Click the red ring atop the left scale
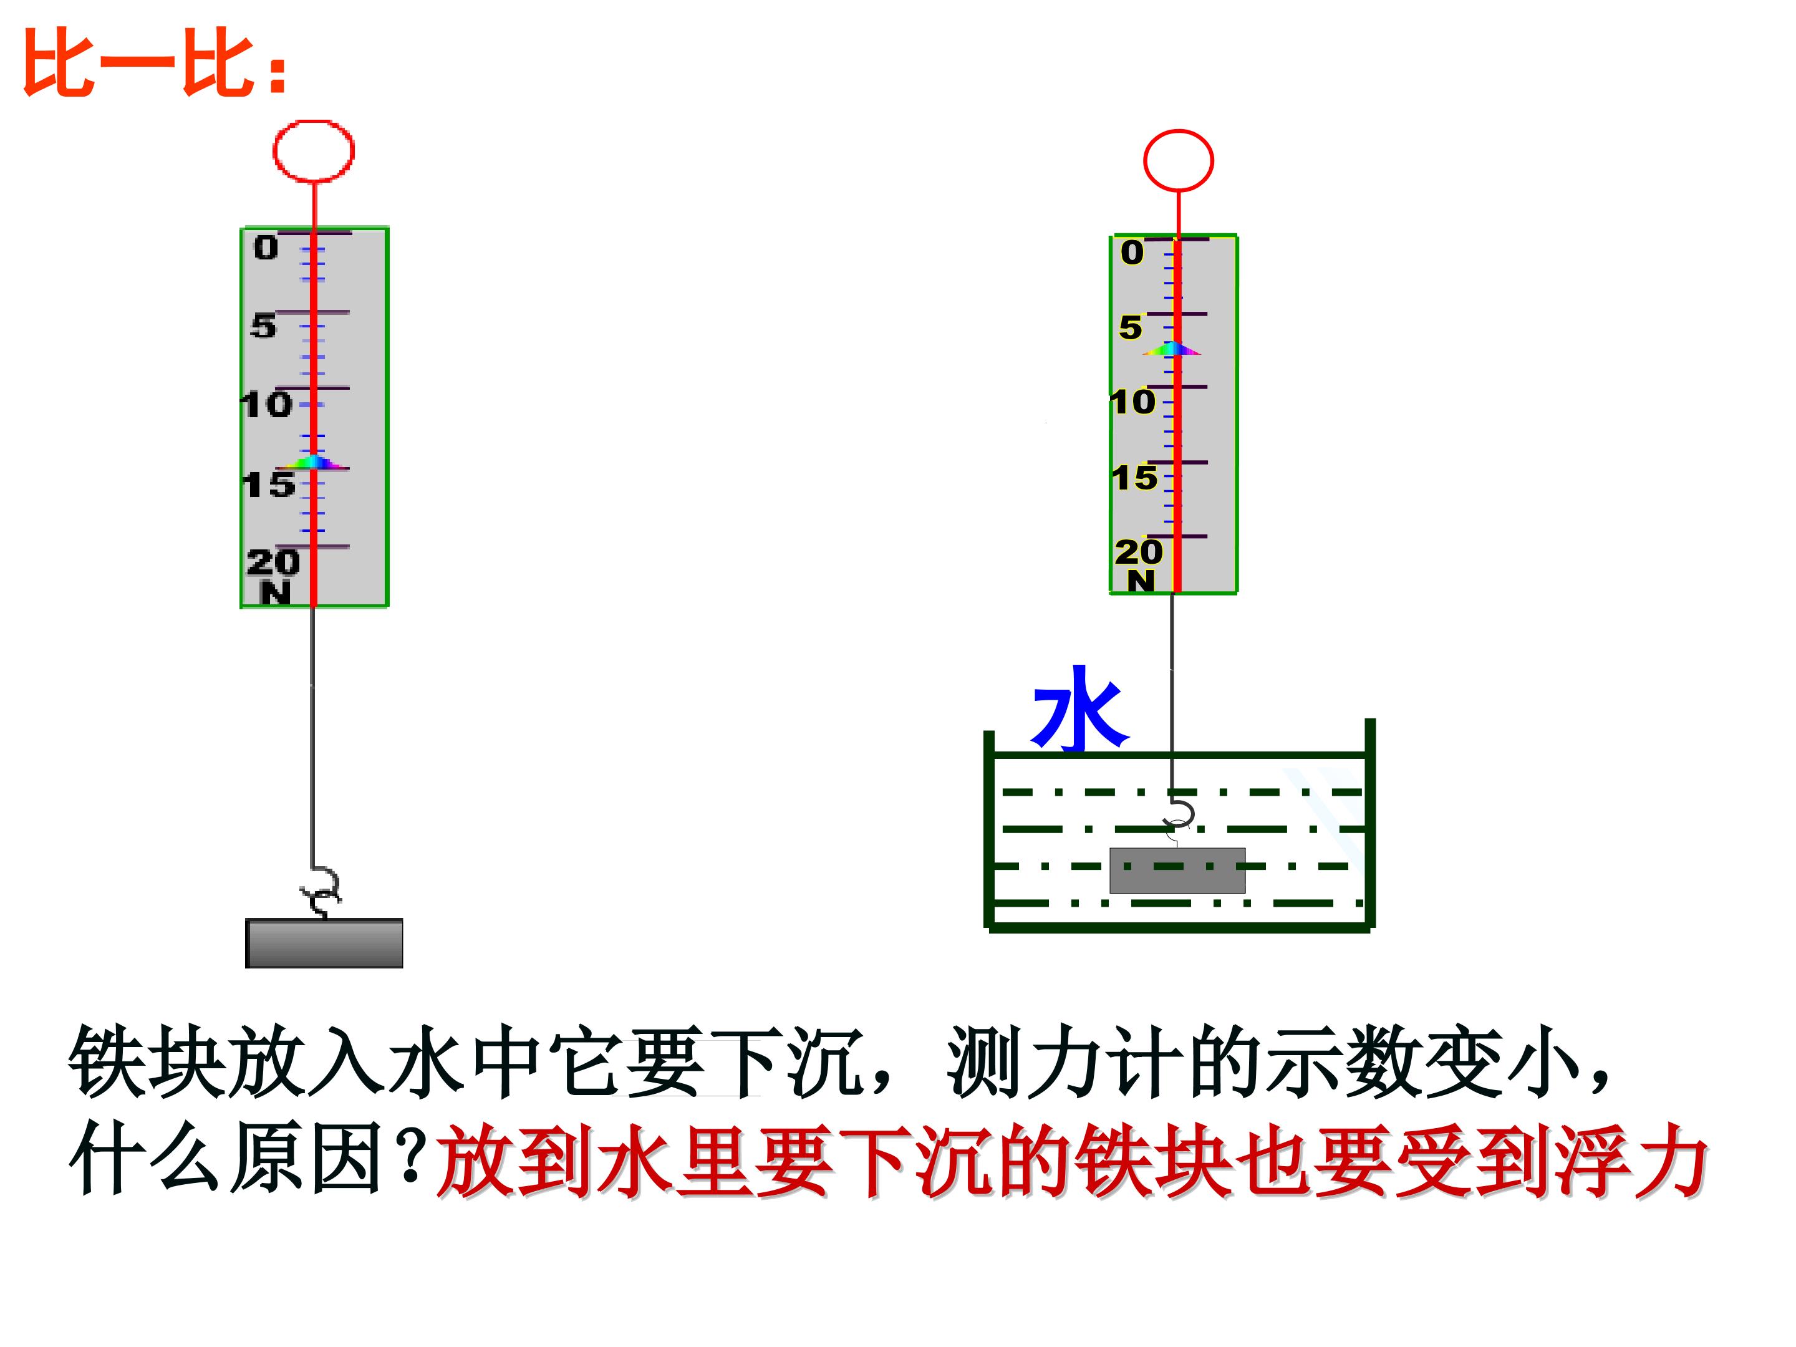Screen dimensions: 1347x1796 click(314, 151)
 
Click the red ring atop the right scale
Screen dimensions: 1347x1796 click(1178, 161)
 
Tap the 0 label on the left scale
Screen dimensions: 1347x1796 click(266, 248)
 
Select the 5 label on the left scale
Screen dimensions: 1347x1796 click(263, 326)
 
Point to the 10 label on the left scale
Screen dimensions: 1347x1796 click(267, 404)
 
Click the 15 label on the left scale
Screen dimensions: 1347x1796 click(269, 485)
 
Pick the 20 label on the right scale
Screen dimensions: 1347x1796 click(1138, 552)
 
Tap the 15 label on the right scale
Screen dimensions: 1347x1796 click(1134, 478)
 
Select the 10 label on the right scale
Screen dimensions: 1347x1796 click(1132, 402)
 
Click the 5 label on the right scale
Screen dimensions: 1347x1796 click(1130, 328)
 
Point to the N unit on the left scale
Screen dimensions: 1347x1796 click(275, 594)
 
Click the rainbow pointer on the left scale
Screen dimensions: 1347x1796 click(312, 463)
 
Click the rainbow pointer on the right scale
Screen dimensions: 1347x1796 click(1172, 350)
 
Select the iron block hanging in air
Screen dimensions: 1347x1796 click(324, 944)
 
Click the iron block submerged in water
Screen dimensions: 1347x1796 click(1177, 871)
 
